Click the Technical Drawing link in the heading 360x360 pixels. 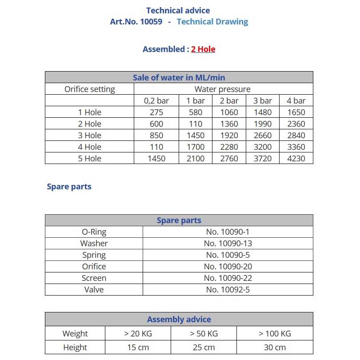(212, 21)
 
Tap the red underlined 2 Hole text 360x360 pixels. (203, 49)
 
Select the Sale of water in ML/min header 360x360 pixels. (179, 77)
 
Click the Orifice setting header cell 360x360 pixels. (90, 89)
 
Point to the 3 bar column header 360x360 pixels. (263, 100)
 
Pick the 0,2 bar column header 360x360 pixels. (156, 100)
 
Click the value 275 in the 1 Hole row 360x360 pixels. (156, 112)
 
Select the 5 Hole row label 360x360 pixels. (90, 158)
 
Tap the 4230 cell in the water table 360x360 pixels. (296, 158)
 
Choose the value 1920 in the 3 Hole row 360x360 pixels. (229, 135)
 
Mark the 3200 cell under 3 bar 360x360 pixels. (263, 147)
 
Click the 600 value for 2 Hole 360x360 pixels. (156, 124)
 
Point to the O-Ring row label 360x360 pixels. (94, 232)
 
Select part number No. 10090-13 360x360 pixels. (228, 243)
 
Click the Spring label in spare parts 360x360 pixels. (94, 255)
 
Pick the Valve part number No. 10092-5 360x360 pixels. (228, 289)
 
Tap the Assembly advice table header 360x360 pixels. (179, 319)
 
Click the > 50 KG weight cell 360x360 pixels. (204, 333)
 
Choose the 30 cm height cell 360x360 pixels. (275, 347)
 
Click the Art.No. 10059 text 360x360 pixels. (136, 21)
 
